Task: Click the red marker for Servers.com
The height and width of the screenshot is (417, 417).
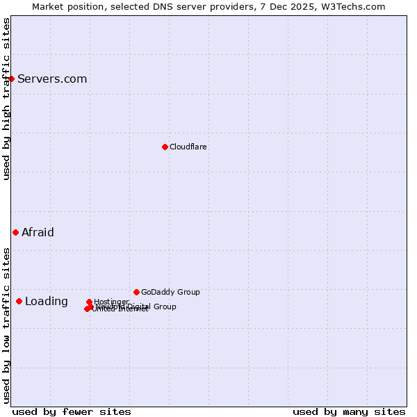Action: coord(11,79)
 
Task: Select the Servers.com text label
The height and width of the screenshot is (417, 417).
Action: coord(52,79)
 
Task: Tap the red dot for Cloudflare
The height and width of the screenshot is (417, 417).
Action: coord(165,147)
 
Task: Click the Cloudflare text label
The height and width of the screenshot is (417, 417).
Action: coord(188,147)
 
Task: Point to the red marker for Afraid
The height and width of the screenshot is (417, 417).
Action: coord(15,232)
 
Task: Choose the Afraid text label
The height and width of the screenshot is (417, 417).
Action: coord(38,233)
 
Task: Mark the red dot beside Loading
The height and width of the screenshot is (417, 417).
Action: coord(19,301)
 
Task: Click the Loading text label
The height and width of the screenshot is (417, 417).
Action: coord(47,302)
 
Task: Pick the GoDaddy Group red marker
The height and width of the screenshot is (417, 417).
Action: coord(136,292)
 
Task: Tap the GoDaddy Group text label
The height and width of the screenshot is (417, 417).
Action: coord(170,293)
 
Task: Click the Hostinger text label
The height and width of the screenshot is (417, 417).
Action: coord(111,302)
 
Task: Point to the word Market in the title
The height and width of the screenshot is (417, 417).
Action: coord(48,6)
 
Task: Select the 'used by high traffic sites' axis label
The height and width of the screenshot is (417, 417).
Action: coord(6,99)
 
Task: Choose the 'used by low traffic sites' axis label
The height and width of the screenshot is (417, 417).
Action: coord(6,325)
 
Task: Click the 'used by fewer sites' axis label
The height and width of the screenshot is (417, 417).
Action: coord(72,412)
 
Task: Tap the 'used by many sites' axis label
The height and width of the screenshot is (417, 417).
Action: coord(349,412)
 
